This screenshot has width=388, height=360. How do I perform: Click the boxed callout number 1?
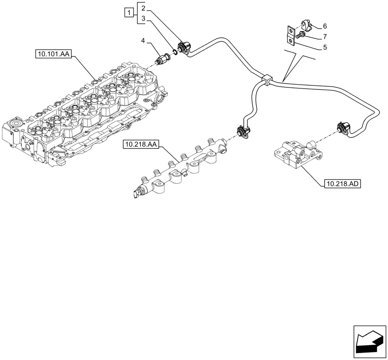pyautogui.click(x=128, y=13)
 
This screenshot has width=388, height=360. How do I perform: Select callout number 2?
pyautogui.click(x=143, y=8)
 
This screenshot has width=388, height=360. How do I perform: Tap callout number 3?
pyautogui.click(x=143, y=18)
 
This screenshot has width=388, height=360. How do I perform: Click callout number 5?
pyautogui.click(x=325, y=47)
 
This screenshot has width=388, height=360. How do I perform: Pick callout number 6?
pyautogui.click(x=325, y=26)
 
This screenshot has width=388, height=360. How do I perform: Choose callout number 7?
pyautogui.click(x=325, y=37)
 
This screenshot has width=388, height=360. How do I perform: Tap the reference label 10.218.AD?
pyautogui.click(x=341, y=183)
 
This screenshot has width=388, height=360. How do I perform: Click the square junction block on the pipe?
pyautogui.click(x=267, y=80)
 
